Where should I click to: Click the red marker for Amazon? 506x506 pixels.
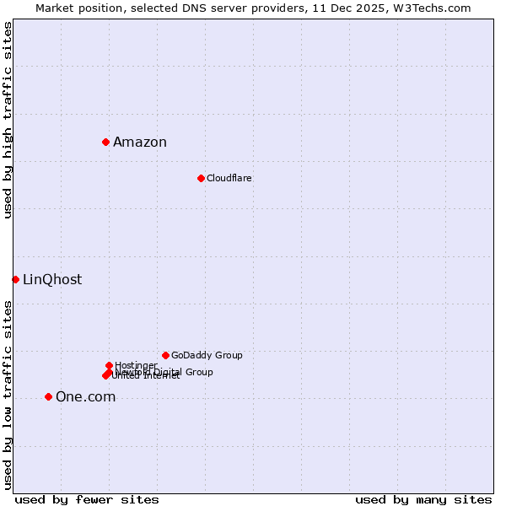coord(105,142)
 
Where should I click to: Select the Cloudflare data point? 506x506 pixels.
coord(201,178)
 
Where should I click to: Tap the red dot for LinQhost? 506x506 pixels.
coord(15,279)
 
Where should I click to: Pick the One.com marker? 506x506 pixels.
coord(48,396)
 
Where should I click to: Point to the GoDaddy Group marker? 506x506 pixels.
coord(165,355)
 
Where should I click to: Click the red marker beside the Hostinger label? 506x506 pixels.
coord(109,365)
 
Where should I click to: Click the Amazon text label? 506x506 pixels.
coord(140,142)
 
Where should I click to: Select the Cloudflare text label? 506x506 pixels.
coord(229,178)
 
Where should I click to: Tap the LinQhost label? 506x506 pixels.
coord(52,279)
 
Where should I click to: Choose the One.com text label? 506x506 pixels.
coord(85,396)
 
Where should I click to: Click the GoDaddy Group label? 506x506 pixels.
coord(207,355)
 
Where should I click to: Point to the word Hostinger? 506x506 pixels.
coord(136,365)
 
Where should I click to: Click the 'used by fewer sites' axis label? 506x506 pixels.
coord(87,499)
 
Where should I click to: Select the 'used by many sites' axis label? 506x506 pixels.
coord(423,499)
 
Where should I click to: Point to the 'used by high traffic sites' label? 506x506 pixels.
coord(8,120)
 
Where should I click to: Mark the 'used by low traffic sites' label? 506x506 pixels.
coord(8,394)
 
